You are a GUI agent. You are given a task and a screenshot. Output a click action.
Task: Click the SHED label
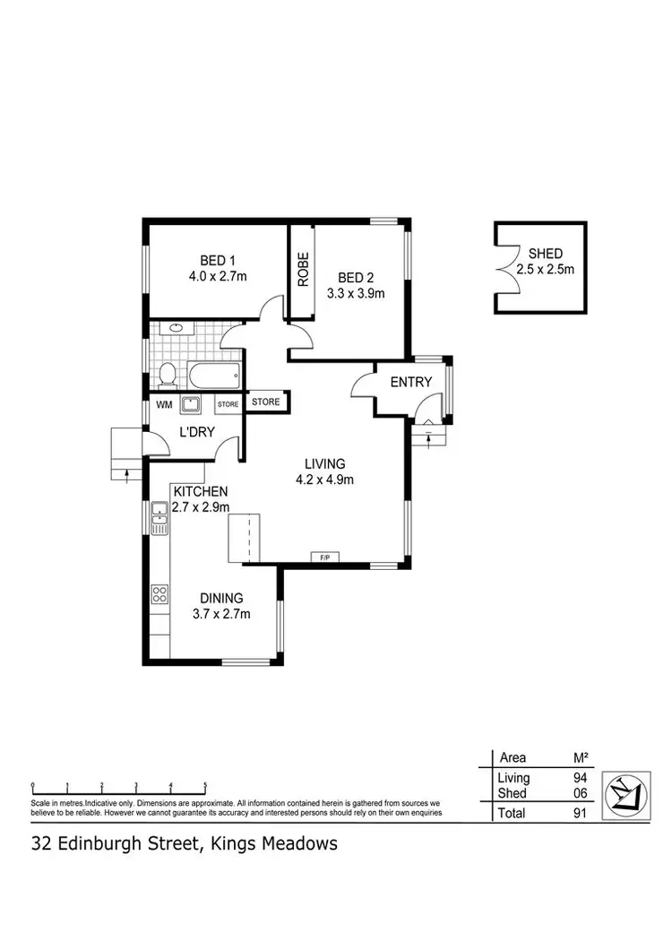[545, 254]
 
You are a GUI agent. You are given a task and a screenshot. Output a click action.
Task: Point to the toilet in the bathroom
[167, 373]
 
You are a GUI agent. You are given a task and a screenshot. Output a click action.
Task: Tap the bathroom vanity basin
[176, 329]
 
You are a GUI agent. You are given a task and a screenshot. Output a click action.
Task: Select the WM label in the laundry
[164, 404]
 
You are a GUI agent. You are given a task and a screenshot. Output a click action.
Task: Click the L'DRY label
[194, 433]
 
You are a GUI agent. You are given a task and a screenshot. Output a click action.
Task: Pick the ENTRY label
[411, 382]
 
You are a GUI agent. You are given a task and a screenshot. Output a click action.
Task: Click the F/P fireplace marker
[324, 557]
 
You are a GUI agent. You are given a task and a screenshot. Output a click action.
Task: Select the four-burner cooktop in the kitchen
[160, 593]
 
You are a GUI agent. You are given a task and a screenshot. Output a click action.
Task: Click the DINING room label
[221, 598]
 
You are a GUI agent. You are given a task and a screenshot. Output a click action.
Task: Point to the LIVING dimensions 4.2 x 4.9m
[324, 479]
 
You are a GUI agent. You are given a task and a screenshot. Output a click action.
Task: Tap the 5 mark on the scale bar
[205, 784]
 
